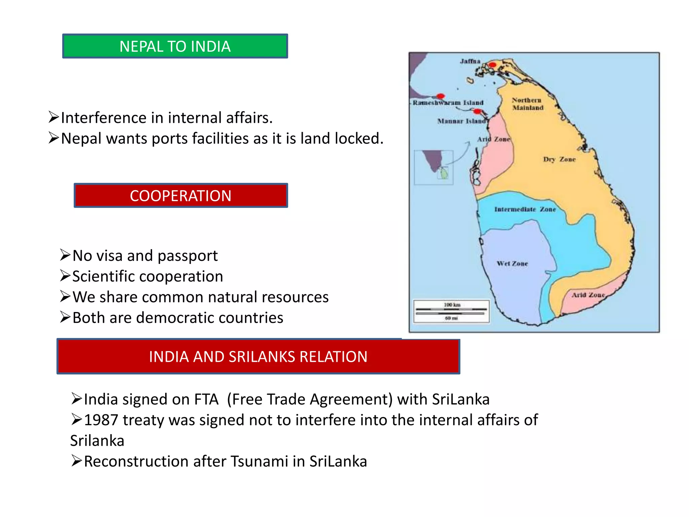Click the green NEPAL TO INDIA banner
[x=175, y=46]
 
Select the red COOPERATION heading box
[x=181, y=196]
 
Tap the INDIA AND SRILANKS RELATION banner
[x=258, y=356]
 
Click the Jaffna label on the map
[x=470, y=61]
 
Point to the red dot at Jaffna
[x=492, y=64]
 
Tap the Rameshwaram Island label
[x=448, y=103]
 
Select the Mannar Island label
[x=462, y=121]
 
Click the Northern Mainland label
[x=528, y=104]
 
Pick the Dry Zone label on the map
[x=559, y=159]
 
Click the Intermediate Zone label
[x=525, y=209]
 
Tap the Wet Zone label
[x=512, y=264]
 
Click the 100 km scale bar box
[x=451, y=311]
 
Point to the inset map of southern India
[x=434, y=167]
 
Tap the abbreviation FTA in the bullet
[x=206, y=400]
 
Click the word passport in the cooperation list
[x=187, y=256]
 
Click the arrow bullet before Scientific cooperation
[x=65, y=276]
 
